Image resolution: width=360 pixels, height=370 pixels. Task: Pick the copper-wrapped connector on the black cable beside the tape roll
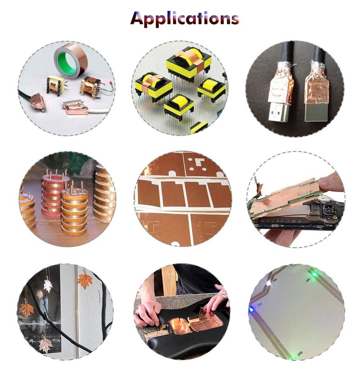pos(38,102)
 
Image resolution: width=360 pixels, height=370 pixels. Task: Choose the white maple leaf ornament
pos(48,284)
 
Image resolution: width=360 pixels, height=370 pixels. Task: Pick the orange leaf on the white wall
pos(85,280)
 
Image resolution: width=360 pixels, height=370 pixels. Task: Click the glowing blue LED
pos(251,310)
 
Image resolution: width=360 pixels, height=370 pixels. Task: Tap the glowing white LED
pos(269,283)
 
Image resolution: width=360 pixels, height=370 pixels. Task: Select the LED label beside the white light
pos(275,280)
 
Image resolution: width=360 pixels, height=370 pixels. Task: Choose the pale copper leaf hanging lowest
pos(45,345)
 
